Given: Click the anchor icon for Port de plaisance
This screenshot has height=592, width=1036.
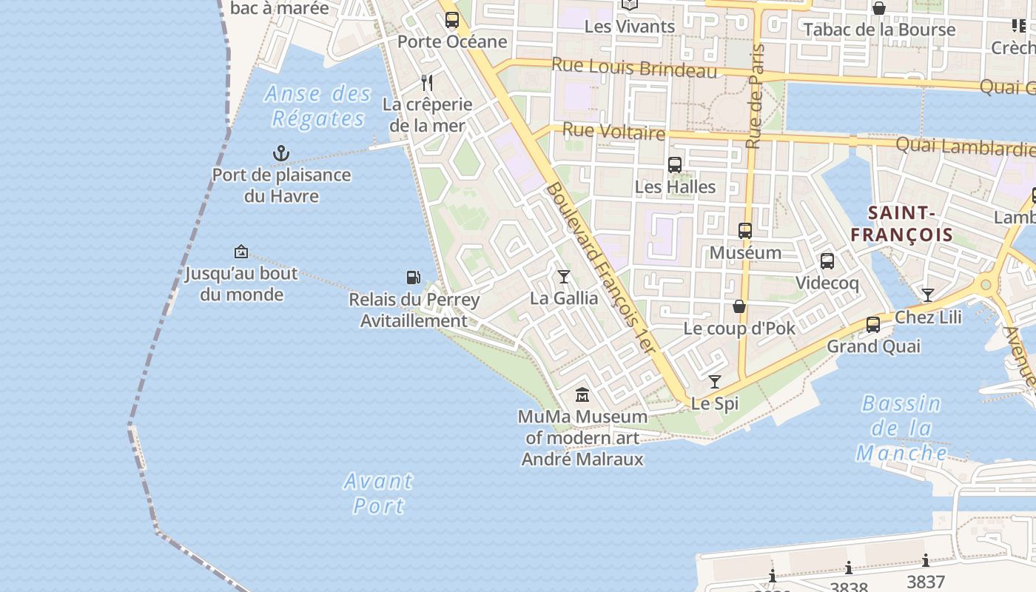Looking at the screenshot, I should click(280, 154).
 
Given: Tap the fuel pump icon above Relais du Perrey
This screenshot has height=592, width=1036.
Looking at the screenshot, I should click(414, 277).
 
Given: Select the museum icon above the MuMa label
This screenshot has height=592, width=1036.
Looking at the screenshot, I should click(582, 394).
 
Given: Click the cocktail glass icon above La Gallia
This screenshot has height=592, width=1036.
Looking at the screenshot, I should click(564, 277).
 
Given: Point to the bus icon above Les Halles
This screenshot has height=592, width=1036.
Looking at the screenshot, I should click(675, 164).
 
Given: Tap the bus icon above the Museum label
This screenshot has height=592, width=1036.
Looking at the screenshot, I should click(745, 231).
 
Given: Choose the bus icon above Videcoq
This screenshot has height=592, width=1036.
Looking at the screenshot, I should click(827, 261).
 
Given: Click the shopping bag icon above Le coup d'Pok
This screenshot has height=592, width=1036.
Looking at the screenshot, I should click(739, 306).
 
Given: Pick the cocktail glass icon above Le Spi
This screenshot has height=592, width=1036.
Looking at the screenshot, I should click(715, 382).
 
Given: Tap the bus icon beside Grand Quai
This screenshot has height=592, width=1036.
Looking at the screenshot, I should click(873, 325).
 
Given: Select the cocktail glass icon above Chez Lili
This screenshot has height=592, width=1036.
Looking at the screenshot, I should click(928, 295).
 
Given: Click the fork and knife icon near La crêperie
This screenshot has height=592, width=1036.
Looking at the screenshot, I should click(427, 82).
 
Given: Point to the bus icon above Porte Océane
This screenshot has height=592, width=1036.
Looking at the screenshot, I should click(452, 20).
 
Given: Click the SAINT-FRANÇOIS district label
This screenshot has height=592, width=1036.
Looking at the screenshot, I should click(901, 224).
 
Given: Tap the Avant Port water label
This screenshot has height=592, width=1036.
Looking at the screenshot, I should click(378, 494).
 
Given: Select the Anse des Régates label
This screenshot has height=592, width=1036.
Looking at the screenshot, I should click(318, 106).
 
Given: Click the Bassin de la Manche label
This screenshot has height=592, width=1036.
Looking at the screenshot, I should click(901, 428).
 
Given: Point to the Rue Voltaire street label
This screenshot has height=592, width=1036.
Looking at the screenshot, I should click(613, 132).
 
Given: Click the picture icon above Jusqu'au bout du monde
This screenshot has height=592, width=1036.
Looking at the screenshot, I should click(240, 252).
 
